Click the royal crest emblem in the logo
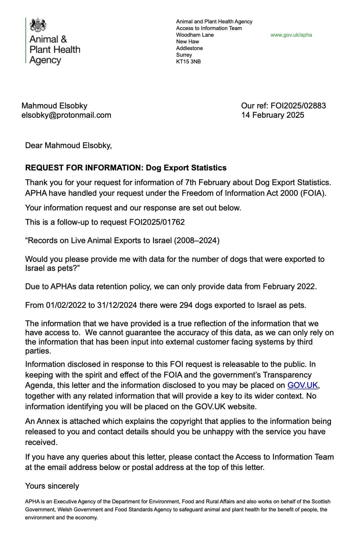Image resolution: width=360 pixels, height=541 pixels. coord(38,25)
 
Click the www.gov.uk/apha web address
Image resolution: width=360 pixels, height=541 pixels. coord(291,35)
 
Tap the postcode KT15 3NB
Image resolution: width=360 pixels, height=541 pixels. coord(188,61)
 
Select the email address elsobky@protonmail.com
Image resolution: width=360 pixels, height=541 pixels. coord(66,115)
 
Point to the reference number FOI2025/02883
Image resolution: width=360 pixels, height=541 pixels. coord(298,106)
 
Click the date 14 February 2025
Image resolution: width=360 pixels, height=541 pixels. coord(273,115)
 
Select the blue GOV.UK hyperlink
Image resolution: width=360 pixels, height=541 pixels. coord(302,385)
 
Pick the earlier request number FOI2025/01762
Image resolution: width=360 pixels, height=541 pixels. coord(157,222)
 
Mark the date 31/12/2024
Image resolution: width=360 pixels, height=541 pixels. coord(117,305)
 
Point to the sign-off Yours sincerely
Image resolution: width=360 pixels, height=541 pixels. coord(52,486)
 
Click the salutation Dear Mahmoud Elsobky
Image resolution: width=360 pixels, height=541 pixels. coord(68,145)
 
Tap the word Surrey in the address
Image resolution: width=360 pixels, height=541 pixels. coord(184,55)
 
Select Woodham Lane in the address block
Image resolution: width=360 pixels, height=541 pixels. coord(195,35)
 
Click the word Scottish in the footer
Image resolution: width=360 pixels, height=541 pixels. coord(321,501)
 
